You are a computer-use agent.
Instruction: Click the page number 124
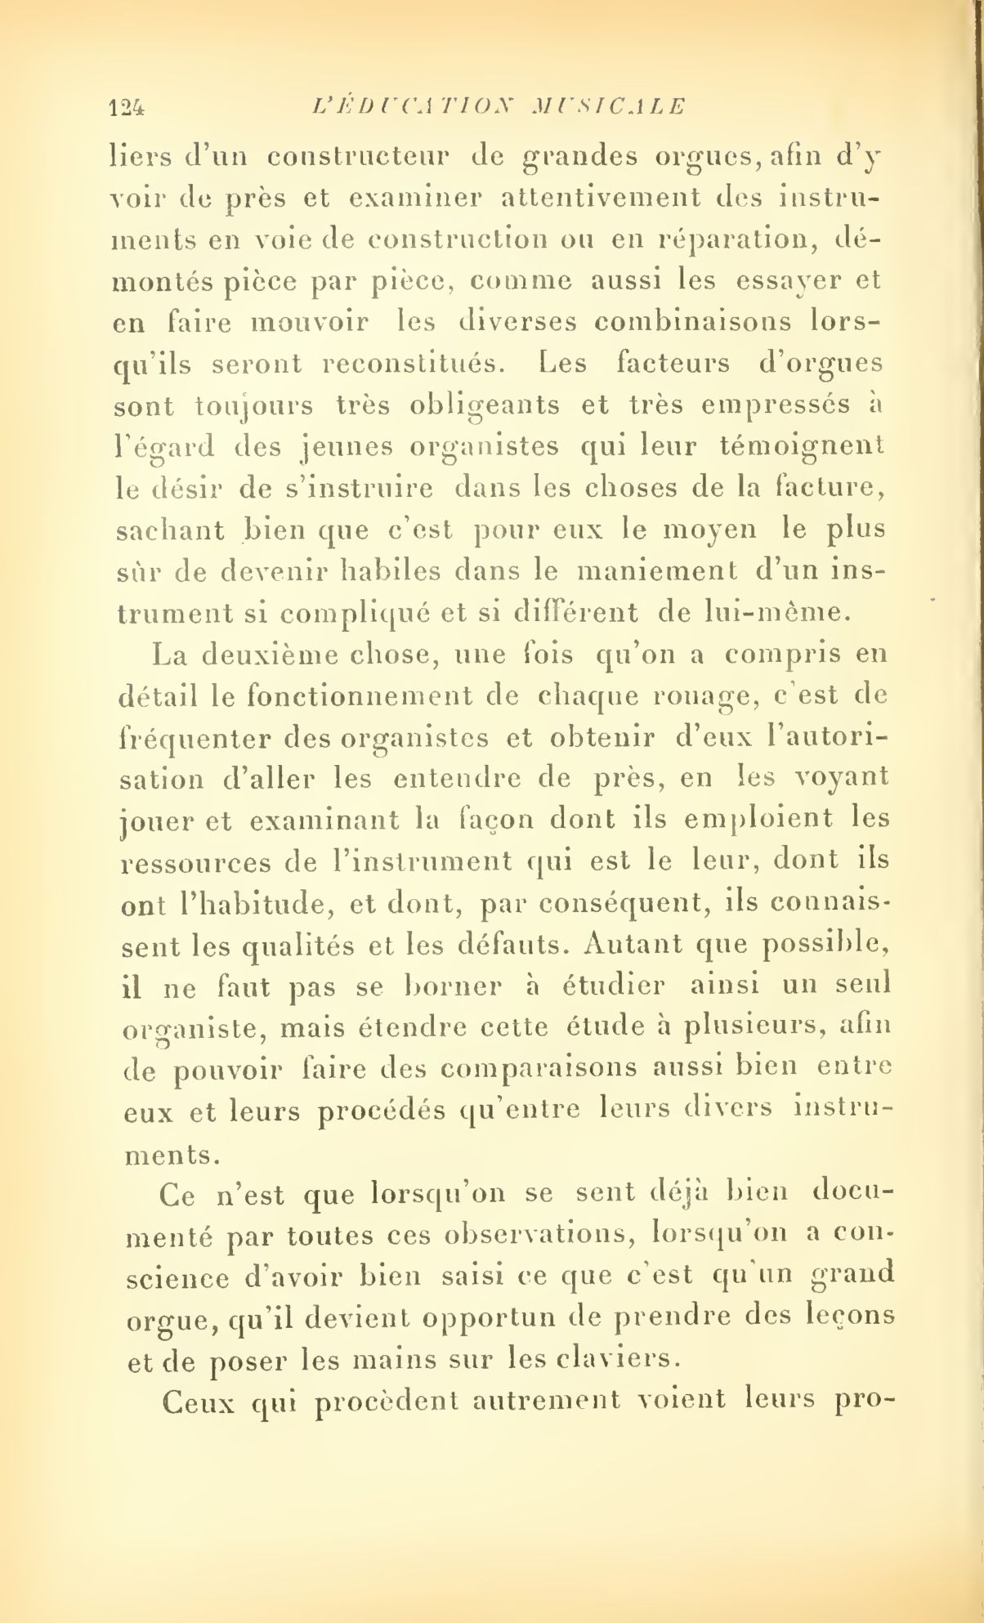(x=127, y=106)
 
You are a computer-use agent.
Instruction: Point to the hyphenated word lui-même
(x=711, y=613)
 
